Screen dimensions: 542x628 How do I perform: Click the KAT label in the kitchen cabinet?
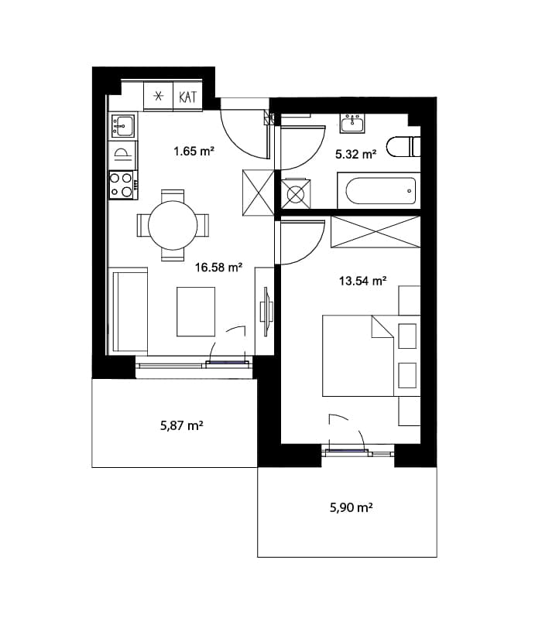pos(187,97)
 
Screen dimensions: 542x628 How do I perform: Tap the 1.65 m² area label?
pos(194,151)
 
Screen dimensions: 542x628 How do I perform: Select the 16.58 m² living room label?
pos(218,267)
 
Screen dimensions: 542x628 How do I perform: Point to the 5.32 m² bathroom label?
pos(355,154)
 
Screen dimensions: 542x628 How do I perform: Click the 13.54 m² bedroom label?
pos(362,281)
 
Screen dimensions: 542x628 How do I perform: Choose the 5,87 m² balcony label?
pos(182,425)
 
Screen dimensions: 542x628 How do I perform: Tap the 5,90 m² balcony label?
pos(352,507)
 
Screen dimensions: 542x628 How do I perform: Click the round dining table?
pos(173,226)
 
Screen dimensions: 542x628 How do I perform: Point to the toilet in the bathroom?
pos(403,147)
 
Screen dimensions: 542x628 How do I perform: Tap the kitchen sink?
pos(122,125)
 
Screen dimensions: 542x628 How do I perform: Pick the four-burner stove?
pos(122,185)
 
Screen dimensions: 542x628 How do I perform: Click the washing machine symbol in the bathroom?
pos(296,194)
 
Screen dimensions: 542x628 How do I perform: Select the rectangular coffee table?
pos(196,312)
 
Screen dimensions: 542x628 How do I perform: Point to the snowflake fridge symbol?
pos(159,96)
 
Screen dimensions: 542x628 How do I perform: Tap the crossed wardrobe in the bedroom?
pos(376,231)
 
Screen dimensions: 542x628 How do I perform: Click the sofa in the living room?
pos(129,311)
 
